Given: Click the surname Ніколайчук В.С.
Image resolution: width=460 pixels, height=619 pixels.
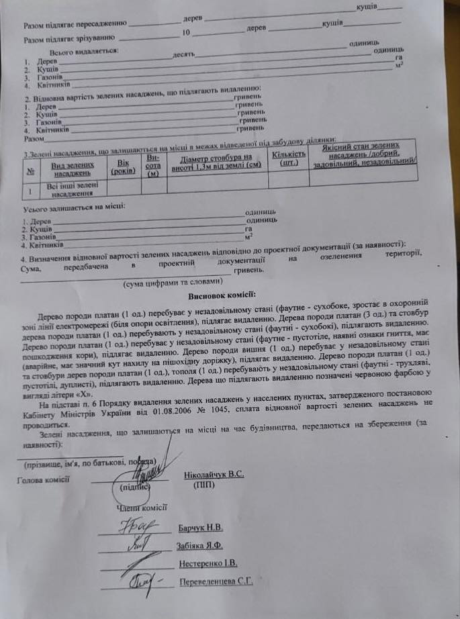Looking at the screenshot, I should (x=213, y=475).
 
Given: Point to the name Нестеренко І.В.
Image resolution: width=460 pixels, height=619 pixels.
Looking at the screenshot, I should (x=208, y=563).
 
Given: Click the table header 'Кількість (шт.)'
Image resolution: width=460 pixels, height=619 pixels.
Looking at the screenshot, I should (x=289, y=158).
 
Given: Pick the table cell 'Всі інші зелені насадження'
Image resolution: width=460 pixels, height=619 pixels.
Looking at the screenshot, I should (x=67, y=187).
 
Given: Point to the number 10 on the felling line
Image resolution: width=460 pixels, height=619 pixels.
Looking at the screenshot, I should (x=186, y=32).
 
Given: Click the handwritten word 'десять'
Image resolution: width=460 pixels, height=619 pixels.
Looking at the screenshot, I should (x=184, y=54).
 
